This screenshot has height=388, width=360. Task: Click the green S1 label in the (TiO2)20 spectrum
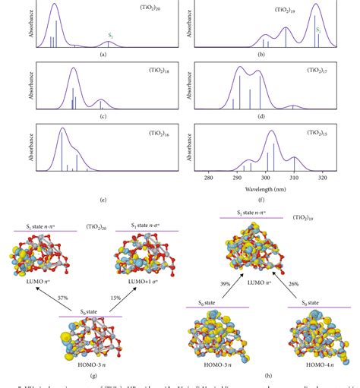click(111, 36)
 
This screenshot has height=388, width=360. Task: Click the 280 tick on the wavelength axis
click(209, 178)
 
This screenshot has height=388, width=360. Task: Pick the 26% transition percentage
click(292, 283)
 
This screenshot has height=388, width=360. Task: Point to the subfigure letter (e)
click(102, 200)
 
